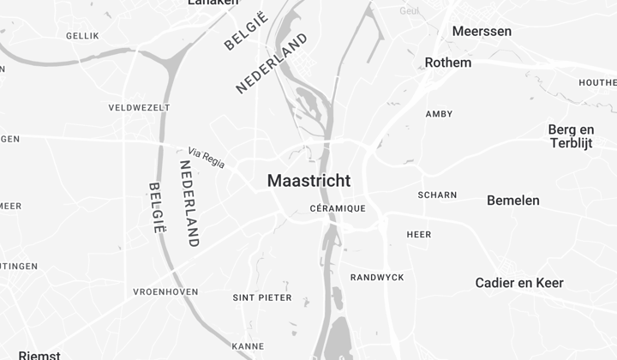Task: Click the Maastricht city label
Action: click(x=308, y=181)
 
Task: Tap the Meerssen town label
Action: click(x=482, y=31)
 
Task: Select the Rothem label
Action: click(x=448, y=63)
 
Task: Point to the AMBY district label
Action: click(x=439, y=114)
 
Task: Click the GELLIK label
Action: click(x=82, y=36)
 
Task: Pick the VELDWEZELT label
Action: click(x=139, y=108)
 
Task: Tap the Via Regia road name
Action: click(x=207, y=158)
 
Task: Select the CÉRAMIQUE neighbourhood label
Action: click(x=337, y=208)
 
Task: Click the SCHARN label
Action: click(x=437, y=195)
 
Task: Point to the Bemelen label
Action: click(x=513, y=201)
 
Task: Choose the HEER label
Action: click(x=419, y=234)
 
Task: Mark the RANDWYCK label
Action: click(x=377, y=277)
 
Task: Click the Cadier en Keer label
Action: click(x=519, y=283)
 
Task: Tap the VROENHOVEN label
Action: click(x=166, y=292)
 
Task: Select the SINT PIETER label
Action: click(x=261, y=298)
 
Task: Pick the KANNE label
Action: click(x=247, y=346)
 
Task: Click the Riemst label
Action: click(x=39, y=355)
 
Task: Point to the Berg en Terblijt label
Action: click(x=571, y=136)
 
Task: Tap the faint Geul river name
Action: click(x=410, y=10)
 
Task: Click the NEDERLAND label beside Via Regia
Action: click(x=189, y=203)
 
